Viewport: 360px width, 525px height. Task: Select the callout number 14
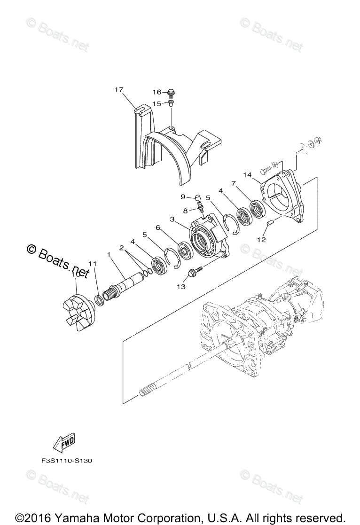[x=248, y=174]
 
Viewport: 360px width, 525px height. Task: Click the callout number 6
[x=158, y=227]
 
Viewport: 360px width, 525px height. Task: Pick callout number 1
[x=109, y=254]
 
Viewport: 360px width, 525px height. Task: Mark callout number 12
[x=261, y=239]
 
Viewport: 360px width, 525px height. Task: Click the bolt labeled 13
[x=195, y=271]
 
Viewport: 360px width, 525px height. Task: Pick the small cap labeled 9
[x=198, y=197]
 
